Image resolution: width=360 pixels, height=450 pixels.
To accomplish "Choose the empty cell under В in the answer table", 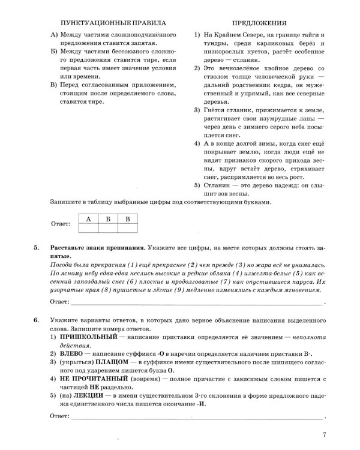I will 127,228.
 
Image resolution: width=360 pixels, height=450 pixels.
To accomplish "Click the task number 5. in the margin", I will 37,248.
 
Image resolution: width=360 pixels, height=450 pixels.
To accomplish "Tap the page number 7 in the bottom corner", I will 323,435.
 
